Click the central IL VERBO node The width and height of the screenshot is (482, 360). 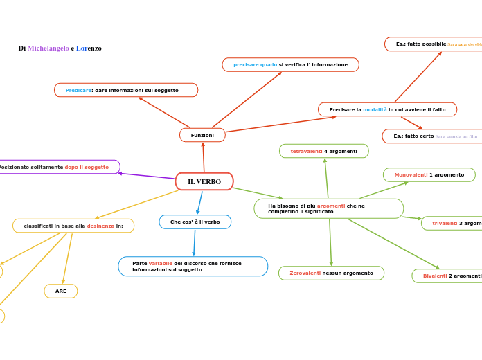tap(204, 181)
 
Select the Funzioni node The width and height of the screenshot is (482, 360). tap(202, 135)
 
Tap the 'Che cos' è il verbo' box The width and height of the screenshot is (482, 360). tap(195, 222)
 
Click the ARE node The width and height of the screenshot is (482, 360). tap(61, 291)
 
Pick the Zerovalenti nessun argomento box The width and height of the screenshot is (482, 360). tap(331, 273)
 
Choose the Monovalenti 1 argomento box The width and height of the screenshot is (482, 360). tap(429, 174)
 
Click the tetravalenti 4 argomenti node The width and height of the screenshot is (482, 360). tap(323, 151)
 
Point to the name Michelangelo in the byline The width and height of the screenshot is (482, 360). tap(48, 48)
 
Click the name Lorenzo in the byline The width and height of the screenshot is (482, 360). tap(89, 48)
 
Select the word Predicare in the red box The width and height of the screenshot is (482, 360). tap(78, 90)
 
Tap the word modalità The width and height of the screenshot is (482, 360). tap(375, 109)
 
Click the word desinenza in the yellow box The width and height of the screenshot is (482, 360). tap(100, 226)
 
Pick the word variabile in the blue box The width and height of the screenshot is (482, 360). tap(160, 263)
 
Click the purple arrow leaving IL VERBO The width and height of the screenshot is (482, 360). tap(145, 176)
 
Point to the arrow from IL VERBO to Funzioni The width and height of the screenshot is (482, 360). tap(204, 157)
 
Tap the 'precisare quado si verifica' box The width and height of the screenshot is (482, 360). tap(290, 64)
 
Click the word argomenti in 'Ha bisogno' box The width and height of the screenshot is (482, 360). tap(330, 206)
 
